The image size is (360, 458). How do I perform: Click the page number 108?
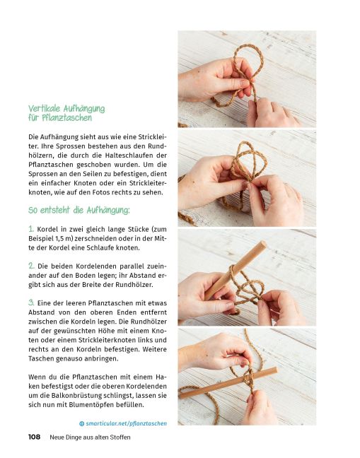point(34,437)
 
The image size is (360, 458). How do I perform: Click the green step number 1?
point(31,229)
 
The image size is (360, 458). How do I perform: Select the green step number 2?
point(32,265)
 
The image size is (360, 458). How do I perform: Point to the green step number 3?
point(32,302)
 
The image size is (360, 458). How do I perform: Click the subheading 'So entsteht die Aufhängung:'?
point(79,210)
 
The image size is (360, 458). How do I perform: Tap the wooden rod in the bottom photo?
point(226,382)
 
